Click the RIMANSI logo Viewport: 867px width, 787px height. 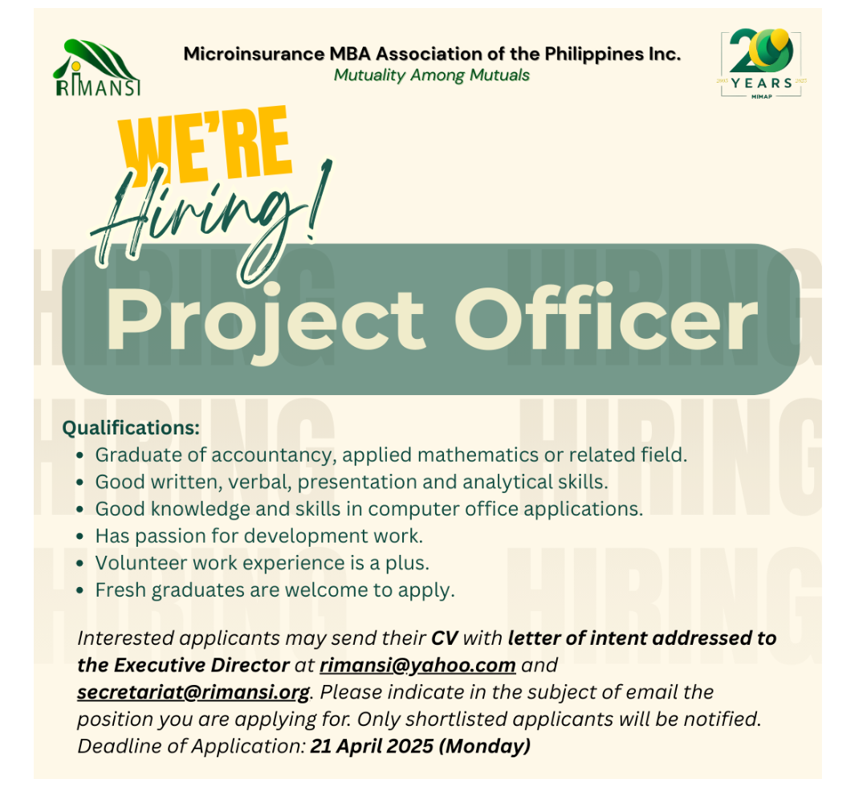[x=97, y=67]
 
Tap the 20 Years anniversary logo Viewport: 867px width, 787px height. [x=761, y=63]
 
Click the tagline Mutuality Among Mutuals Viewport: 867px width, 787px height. [x=431, y=75]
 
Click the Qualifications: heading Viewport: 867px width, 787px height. [x=131, y=427]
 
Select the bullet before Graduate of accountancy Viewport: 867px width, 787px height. [x=81, y=455]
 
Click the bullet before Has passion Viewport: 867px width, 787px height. [x=81, y=536]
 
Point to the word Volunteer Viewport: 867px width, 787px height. [x=140, y=562]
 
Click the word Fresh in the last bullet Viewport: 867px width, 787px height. [x=120, y=589]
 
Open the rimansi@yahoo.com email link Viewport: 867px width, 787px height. [x=417, y=665]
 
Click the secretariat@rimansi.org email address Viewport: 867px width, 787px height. [x=193, y=692]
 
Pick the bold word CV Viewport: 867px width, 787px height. [x=445, y=638]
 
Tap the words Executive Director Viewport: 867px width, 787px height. [x=201, y=665]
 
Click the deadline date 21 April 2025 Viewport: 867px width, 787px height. [x=372, y=746]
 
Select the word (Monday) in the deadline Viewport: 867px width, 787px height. [x=485, y=747]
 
